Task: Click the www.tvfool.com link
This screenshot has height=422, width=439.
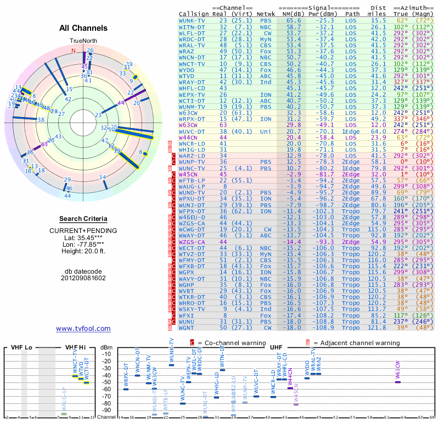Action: tap(83, 329)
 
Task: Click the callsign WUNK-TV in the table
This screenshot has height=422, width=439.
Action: tap(193, 20)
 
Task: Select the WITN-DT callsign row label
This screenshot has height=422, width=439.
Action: tap(193, 26)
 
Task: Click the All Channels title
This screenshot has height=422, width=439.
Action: tap(83, 28)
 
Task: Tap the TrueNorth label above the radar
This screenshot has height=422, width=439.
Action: tap(83, 41)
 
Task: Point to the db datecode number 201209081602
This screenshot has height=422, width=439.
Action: tap(83, 278)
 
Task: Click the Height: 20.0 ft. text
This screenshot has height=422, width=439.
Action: tap(83, 252)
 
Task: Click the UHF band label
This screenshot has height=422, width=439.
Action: tap(275, 348)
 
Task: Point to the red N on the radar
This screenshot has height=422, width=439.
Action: tap(73, 51)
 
